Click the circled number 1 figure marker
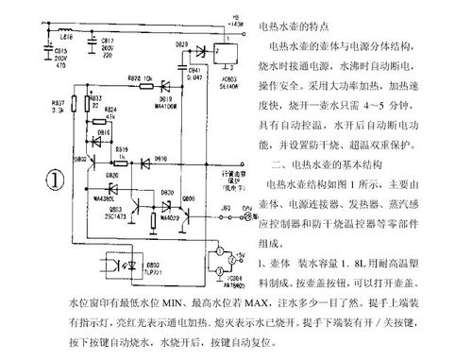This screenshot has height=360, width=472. [x=56, y=179]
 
